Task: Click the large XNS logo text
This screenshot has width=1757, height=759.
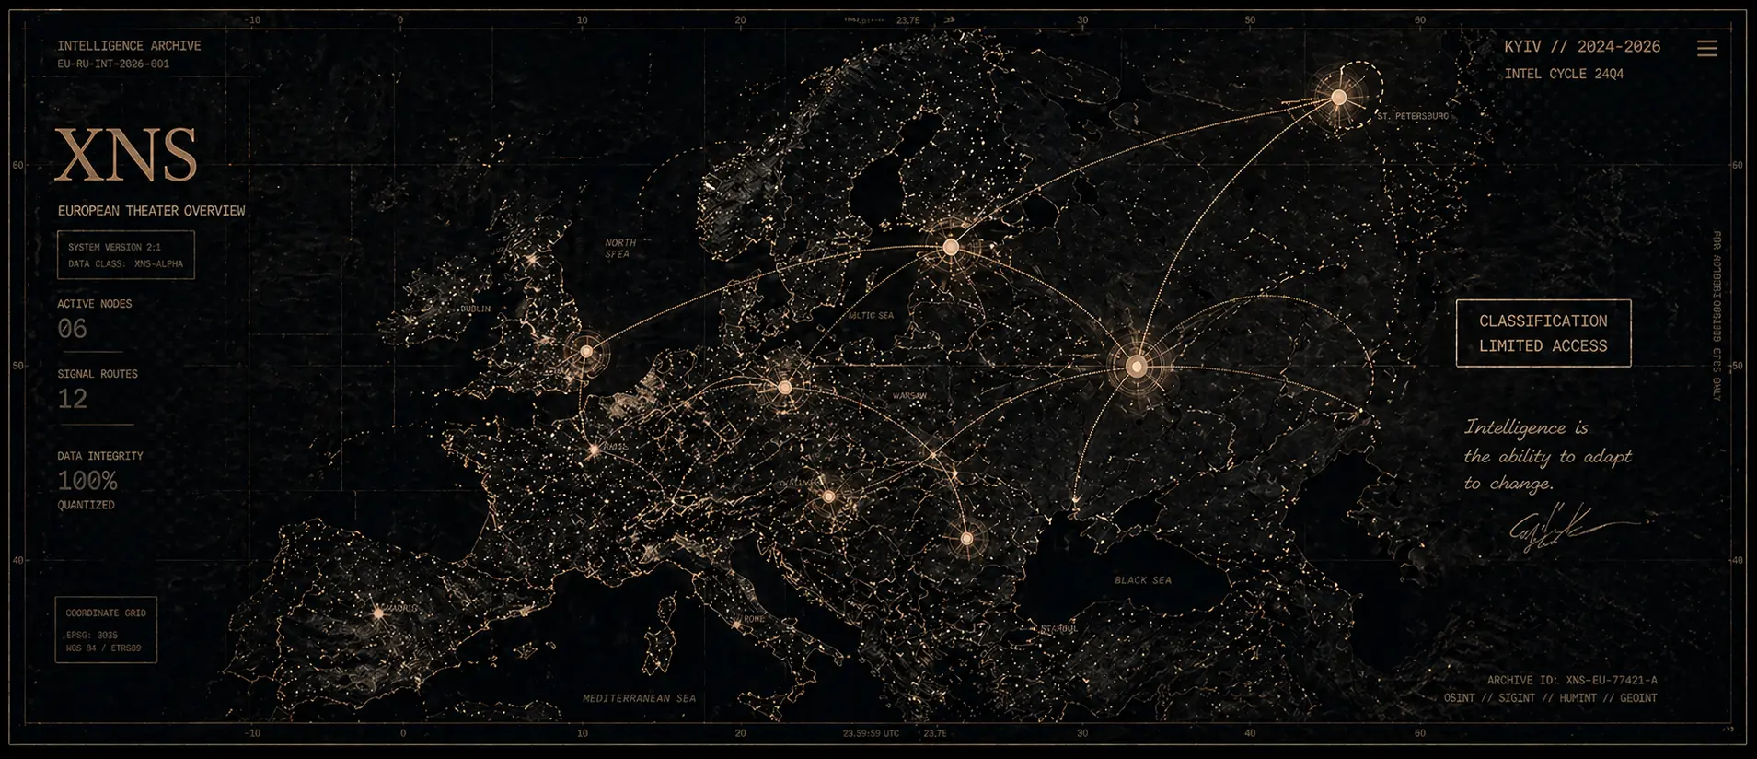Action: click(x=126, y=156)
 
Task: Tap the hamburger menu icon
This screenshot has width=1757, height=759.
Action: click(x=1706, y=49)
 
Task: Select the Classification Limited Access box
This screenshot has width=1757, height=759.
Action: click(x=1543, y=333)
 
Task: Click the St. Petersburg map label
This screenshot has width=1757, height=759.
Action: click(x=1413, y=117)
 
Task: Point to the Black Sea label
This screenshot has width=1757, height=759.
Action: click(x=1142, y=580)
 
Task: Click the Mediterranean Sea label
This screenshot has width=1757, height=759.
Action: click(x=639, y=698)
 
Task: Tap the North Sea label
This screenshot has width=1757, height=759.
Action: click(x=619, y=249)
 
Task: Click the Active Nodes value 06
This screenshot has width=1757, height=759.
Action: click(x=73, y=329)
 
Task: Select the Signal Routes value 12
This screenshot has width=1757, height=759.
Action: click(x=73, y=399)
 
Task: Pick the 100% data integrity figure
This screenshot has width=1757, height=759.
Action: click(x=87, y=481)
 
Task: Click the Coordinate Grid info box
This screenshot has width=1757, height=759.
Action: click(x=106, y=630)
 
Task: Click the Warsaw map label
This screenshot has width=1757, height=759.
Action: click(x=909, y=396)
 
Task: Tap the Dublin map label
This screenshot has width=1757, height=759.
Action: click(x=475, y=309)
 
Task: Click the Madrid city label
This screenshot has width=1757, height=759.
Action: click(x=401, y=609)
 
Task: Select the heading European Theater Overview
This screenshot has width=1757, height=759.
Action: click(x=152, y=211)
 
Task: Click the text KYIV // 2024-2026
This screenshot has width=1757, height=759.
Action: click(x=1582, y=47)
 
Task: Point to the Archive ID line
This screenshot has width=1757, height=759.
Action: click(x=1571, y=680)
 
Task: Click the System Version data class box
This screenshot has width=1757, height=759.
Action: click(x=125, y=255)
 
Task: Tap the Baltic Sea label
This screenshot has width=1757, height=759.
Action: click(x=871, y=316)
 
